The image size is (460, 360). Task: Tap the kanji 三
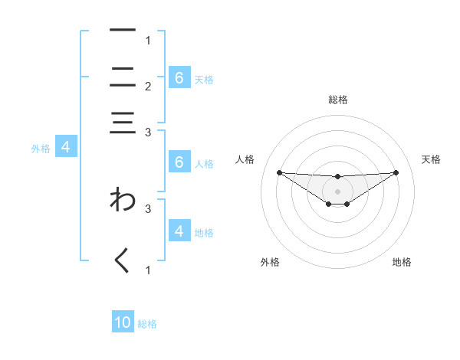[x=123, y=123]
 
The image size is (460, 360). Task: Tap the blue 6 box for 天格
[x=179, y=77]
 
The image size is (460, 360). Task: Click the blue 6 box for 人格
[x=179, y=162]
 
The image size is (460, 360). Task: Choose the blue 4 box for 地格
[x=179, y=231]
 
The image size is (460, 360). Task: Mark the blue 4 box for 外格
[x=67, y=147]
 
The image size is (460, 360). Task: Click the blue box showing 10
[x=123, y=322]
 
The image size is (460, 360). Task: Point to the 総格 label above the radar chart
[x=338, y=100]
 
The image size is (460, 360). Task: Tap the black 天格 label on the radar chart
[x=431, y=159]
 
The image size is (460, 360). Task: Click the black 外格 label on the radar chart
[x=270, y=262]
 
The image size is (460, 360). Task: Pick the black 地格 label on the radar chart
[x=402, y=262]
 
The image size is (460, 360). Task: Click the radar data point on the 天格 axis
[x=396, y=172]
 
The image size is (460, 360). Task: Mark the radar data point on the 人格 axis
[x=279, y=172]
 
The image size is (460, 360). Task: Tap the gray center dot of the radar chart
[x=337, y=191]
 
